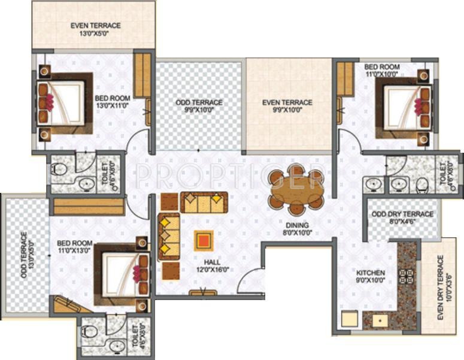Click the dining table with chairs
pyautogui.click(x=296, y=189)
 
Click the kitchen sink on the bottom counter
pyautogui.click(x=379, y=321)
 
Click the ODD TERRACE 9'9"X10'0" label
pyautogui.click(x=199, y=107)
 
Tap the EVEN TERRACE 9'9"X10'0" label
pyautogui.click(x=287, y=107)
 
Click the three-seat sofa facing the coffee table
pyautogui.click(x=168, y=237)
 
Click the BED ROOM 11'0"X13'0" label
pyautogui.click(x=75, y=247)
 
